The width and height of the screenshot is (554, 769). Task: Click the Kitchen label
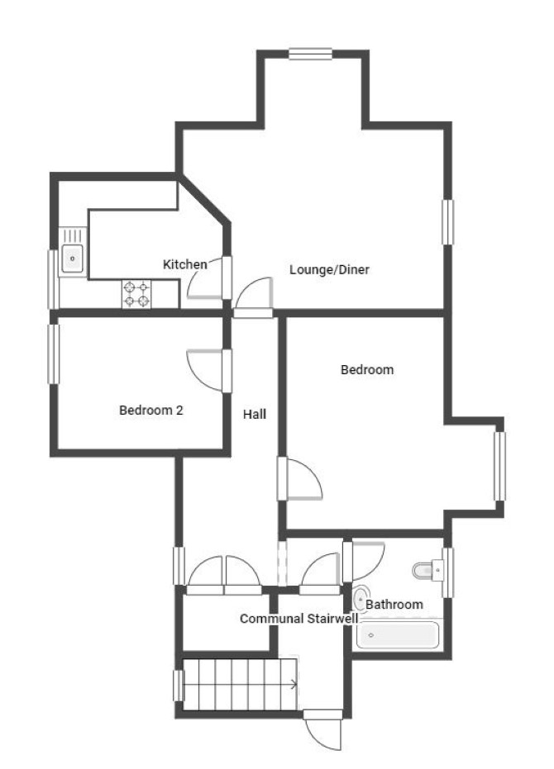click(184, 264)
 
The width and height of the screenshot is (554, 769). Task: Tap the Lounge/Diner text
click(329, 269)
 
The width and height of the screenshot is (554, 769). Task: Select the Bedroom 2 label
click(150, 410)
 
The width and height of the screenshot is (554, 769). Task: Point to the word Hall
click(255, 415)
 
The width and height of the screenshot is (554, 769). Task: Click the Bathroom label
click(394, 605)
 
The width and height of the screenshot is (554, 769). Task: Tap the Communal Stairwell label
click(298, 619)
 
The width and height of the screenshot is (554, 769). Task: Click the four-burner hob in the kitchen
click(136, 294)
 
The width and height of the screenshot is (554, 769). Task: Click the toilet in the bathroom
click(427, 570)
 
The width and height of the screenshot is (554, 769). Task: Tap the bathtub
click(398, 635)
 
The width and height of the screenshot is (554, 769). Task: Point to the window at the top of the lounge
click(310, 54)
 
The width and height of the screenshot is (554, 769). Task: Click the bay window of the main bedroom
click(500, 466)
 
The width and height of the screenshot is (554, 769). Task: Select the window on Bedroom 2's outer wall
click(54, 354)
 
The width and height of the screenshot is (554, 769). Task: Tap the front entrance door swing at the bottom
click(322, 731)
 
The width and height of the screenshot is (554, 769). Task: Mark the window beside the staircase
click(179, 685)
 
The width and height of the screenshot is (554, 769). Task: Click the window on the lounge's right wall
click(447, 222)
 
